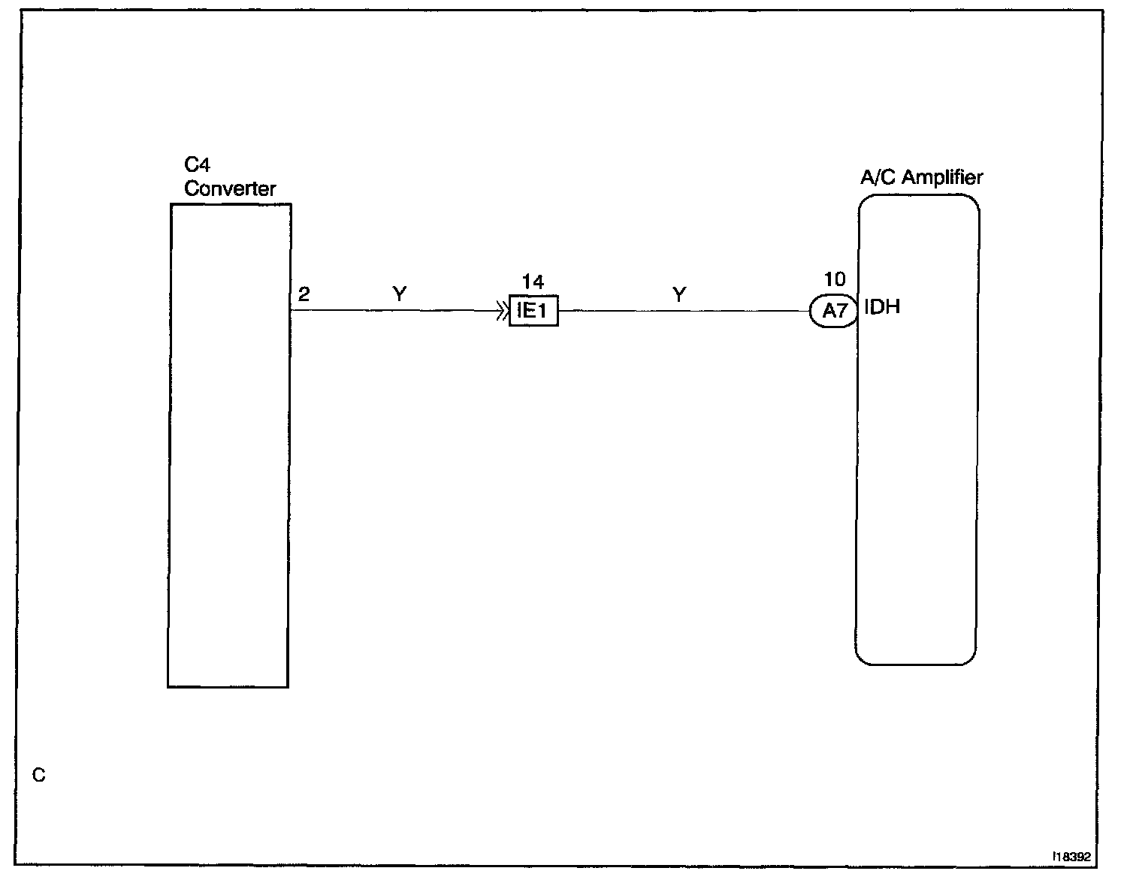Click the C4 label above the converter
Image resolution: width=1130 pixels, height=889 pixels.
[x=197, y=165]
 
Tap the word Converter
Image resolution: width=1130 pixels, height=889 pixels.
[x=230, y=188]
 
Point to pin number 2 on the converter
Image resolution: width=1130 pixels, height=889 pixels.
[x=303, y=294]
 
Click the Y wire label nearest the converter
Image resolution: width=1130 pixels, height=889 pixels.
[x=399, y=295]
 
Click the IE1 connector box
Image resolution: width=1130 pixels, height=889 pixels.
[x=533, y=311]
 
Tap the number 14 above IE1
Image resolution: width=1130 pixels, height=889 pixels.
[x=533, y=282]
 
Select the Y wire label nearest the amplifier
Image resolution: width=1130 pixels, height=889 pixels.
[x=679, y=295]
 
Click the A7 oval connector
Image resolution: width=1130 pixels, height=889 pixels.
[x=834, y=311]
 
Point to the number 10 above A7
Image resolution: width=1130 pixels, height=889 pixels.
[x=835, y=280]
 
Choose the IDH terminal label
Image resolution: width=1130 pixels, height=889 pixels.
[x=883, y=307]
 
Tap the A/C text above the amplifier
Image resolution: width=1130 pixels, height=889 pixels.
[x=878, y=178]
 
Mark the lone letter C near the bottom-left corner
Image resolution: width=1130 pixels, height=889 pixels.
[x=39, y=775]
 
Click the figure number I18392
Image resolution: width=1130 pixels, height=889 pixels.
[x=1071, y=855]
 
